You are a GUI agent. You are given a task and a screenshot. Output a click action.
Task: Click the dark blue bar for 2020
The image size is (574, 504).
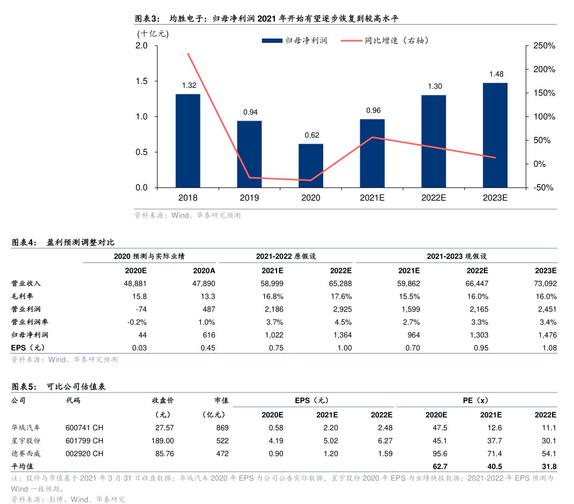[311, 166]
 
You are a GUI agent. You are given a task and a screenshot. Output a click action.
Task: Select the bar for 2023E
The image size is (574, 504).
[495, 135]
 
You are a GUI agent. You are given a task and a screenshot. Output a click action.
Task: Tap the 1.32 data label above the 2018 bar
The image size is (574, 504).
[189, 85]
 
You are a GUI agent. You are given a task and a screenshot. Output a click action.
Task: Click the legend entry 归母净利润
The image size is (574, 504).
[295, 41]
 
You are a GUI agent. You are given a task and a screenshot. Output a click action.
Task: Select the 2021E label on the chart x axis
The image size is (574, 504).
[372, 198]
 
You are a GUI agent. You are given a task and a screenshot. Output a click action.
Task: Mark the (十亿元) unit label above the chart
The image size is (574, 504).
[152, 34]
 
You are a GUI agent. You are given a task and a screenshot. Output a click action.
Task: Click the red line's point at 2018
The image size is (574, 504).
[188, 54]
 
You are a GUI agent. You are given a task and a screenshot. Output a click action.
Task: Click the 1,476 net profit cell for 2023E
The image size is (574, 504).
[546, 335]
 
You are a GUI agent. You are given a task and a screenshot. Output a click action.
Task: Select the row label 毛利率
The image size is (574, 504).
[22, 296]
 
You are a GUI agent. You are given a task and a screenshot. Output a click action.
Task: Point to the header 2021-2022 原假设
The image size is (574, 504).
[286, 256]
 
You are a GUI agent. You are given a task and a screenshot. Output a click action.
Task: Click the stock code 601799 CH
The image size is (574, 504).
[84, 440]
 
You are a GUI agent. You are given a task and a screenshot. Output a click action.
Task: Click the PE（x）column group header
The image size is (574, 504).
[475, 400]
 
